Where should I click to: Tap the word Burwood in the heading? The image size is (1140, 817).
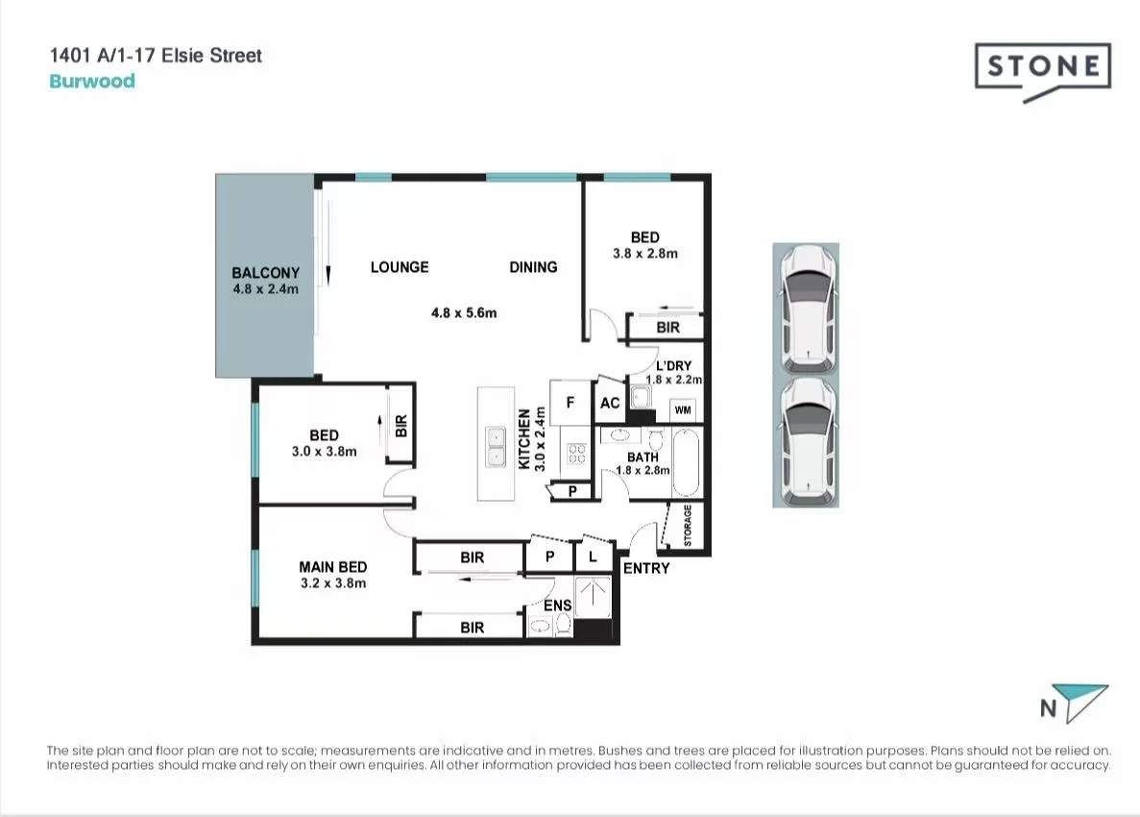92,81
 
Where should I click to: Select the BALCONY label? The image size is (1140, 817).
265,273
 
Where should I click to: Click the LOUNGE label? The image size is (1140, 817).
400,267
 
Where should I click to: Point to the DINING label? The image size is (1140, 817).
533,267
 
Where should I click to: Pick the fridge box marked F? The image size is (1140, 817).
570,404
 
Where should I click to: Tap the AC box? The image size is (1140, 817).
610,404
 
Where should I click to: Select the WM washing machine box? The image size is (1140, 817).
684,410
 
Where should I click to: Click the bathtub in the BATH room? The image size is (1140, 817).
686,462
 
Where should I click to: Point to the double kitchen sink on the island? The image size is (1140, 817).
497,448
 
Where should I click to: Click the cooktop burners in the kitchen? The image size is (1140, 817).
576,452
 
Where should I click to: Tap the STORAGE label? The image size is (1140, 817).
688,527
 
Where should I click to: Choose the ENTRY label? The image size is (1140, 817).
646,568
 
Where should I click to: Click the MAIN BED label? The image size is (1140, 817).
332,567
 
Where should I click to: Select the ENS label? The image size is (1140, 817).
557,606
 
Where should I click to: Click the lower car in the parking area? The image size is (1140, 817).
806,440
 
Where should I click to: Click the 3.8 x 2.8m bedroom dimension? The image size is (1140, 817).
645,254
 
